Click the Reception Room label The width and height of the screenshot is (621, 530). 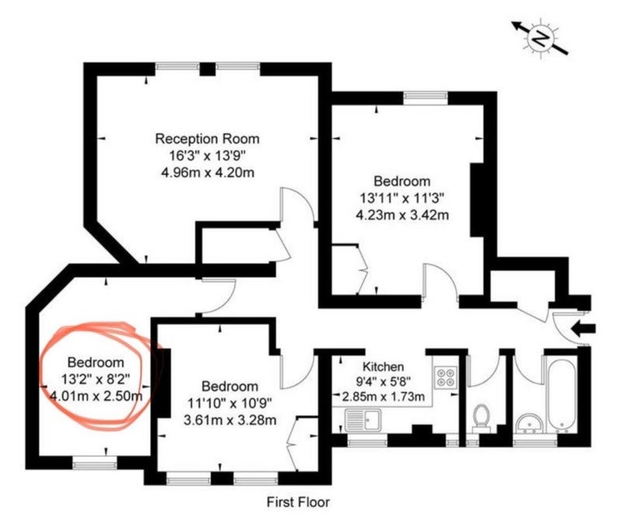pyautogui.click(x=207, y=139)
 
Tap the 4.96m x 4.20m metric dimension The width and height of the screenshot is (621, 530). pyautogui.click(x=207, y=173)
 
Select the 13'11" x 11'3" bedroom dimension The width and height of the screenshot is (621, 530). pyautogui.click(x=402, y=198)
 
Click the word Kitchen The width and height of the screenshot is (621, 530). pyautogui.click(x=383, y=366)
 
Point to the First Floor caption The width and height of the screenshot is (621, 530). pyautogui.click(x=298, y=502)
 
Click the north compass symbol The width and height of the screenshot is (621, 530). pyautogui.click(x=539, y=38)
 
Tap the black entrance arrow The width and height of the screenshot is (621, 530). pyautogui.click(x=583, y=329)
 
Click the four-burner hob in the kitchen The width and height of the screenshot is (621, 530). pyautogui.click(x=446, y=377)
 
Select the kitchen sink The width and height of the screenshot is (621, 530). pyautogui.click(x=363, y=420)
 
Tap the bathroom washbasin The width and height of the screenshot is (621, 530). pyautogui.click(x=530, y=424)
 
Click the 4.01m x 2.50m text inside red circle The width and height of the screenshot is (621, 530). pyautogui.click(x=96, y=396)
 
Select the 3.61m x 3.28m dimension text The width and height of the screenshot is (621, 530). pyautogui.click(x=230, y=420)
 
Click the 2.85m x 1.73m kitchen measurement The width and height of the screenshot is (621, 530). pyautogui.click(x=383, y=396)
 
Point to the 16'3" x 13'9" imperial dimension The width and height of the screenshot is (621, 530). pyautogui.click(x=208, y=155)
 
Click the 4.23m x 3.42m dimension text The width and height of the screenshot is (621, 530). pyautogui.click(x=402, y=215)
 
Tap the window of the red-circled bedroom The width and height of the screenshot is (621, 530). pyautogui.click(x=95, y=462)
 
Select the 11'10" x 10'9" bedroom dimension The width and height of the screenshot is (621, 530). pyautogui.click(x=230, y=403)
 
